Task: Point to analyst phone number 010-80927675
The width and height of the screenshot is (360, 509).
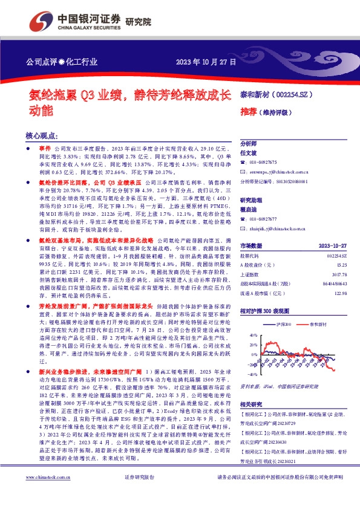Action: click(264, 162)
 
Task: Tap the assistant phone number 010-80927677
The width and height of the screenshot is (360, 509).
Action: click(264, 218)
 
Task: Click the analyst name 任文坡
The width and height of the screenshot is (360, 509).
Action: click(249, 154)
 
